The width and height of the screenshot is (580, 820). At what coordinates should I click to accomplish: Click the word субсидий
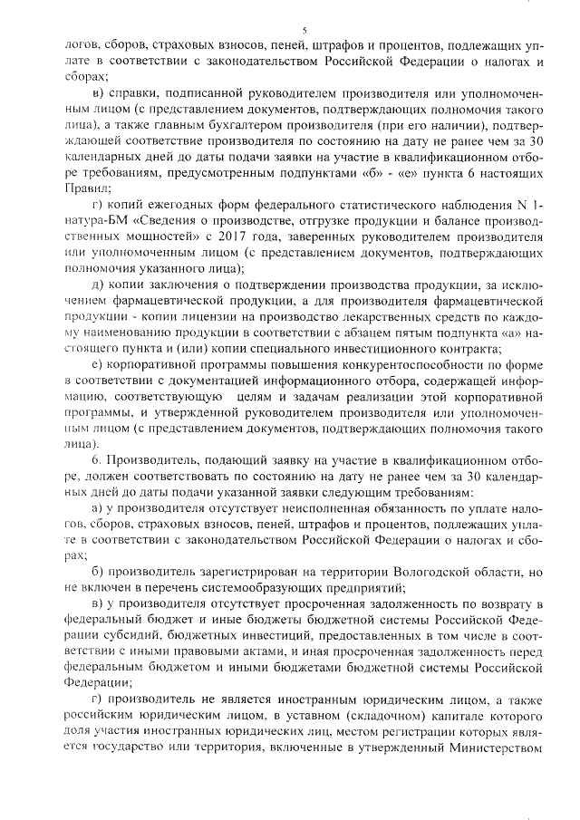tap(141, 638)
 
